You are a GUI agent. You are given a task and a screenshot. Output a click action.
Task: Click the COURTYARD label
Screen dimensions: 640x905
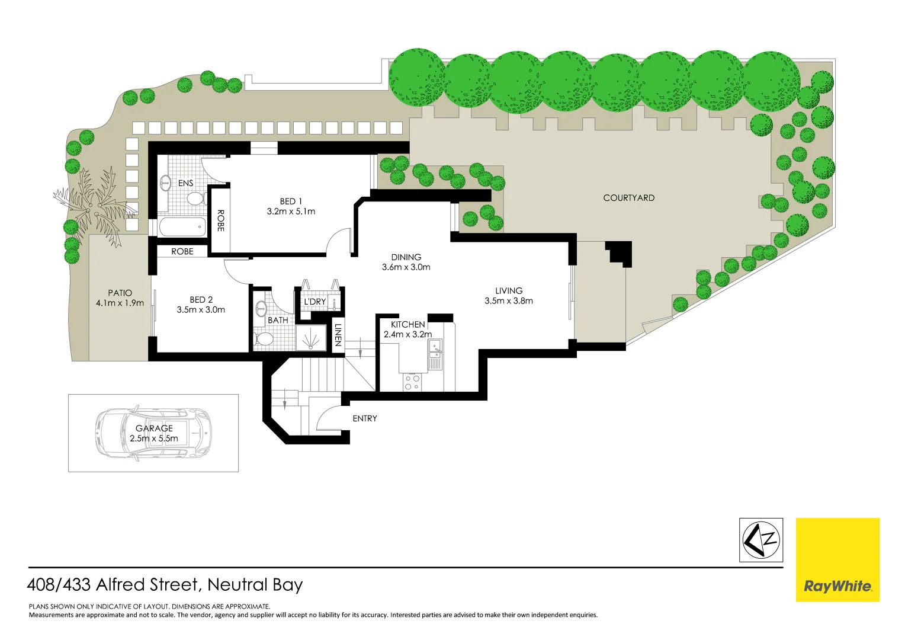(x=628, y=198)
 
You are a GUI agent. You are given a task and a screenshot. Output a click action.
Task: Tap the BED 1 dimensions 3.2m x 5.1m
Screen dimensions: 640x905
(x=291, y=212)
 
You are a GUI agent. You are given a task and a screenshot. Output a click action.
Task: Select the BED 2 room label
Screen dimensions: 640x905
(x=201, y=300)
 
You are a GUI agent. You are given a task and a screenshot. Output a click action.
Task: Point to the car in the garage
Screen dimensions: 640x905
(x=153, y=433)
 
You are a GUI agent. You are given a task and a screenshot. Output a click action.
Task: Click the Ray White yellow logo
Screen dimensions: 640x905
(x=837, y=560)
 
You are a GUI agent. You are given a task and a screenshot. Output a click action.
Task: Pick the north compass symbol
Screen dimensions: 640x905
(x=761, y=540)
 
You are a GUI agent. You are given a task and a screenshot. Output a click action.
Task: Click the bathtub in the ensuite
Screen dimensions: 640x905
(x=182, y=226)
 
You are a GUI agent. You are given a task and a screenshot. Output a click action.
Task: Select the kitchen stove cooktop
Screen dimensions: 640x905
(x=412, y=382)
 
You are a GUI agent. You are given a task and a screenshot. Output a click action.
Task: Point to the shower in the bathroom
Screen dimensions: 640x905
(x=311, y=339)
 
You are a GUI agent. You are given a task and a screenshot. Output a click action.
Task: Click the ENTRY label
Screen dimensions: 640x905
(x=364, y=418)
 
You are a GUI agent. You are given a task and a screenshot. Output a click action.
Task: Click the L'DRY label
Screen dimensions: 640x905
(x=314, y=302)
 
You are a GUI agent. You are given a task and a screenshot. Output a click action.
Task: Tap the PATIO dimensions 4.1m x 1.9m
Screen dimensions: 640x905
(x=120, y=303)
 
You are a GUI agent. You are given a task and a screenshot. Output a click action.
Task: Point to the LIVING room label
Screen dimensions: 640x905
(x=509, y=291)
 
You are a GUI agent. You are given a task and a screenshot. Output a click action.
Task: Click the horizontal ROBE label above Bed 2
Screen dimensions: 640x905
(x=182, y=252)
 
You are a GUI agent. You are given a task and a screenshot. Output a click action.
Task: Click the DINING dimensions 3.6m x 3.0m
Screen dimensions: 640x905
(x=406, y=267)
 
